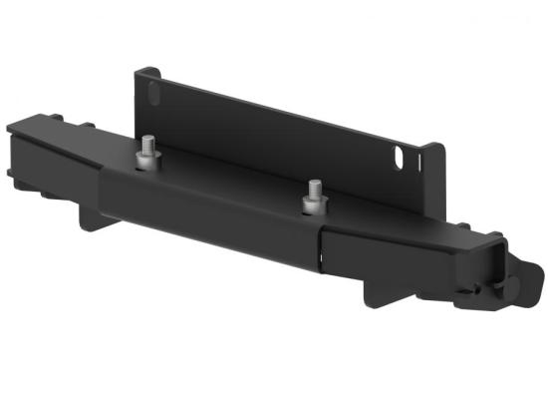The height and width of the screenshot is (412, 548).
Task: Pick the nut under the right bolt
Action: pos(312,205)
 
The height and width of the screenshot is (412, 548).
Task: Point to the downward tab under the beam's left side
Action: pos(93,216)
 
